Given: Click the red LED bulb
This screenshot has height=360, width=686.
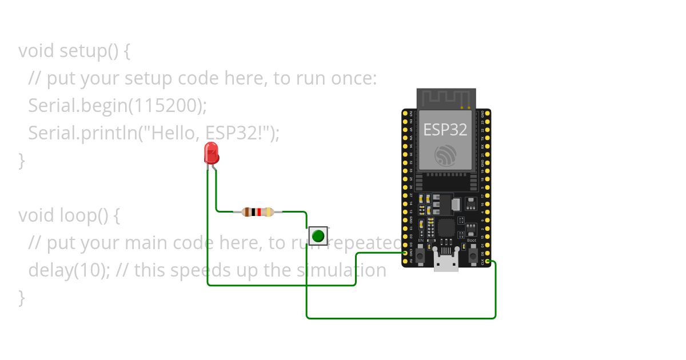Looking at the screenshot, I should pos(212,153).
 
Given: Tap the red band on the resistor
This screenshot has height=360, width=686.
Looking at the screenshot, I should pos(259,212).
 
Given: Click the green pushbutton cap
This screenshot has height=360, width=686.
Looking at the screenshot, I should pos(318,235).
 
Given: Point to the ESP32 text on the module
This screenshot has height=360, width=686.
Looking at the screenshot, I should pos(445,130).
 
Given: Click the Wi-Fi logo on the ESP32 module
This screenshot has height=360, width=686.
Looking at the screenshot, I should pos(445,155).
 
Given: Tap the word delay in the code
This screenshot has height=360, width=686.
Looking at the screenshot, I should pos(51,270).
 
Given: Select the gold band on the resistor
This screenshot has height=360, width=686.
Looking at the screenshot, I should pos(270,212).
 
